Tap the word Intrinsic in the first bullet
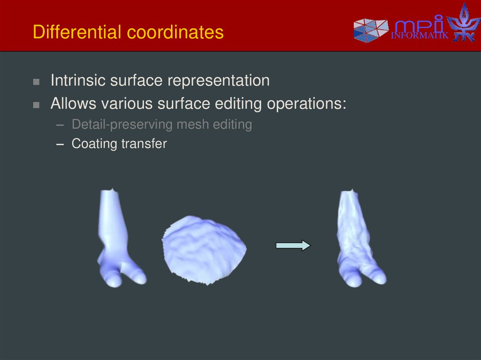[x=78, y=80]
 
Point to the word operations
[x=306, y=103]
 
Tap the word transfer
[x=144, y=143]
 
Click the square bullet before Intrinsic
[x=36, y=82]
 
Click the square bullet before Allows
[x=36, y=105]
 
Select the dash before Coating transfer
[x=59, y=144]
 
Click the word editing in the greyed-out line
[x=232, y=124]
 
